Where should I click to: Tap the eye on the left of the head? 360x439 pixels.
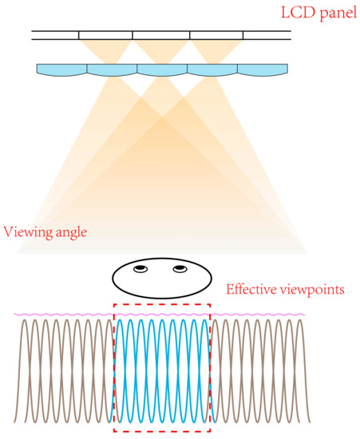click(140, 269)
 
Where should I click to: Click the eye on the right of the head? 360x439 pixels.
click(180, 269)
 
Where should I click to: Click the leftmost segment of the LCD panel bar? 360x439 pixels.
click(55, 35)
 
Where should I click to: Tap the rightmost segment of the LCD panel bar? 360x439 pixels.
click(267, 35)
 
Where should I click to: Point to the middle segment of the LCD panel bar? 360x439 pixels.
click(161, 35)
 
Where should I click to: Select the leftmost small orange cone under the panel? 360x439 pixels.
click(106, 50)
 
